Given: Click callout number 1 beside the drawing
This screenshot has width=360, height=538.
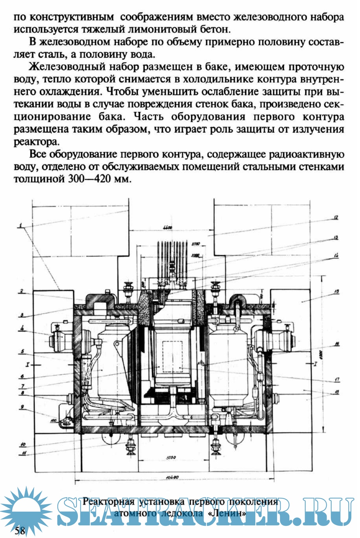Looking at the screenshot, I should click(x=21, y=226).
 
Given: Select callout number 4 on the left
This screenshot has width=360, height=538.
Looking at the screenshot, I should click(x=22, y=328).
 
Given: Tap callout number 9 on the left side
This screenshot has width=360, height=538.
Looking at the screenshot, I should click(x=22, y=406).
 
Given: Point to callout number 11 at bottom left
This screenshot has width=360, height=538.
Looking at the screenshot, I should click(x=24, y=453).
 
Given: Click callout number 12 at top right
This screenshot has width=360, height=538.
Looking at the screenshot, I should click(x=335, y=217).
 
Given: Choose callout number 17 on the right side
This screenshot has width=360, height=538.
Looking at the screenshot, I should click(x=337, y=379).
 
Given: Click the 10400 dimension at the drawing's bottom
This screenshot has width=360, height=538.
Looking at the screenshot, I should click(x=172, y=477).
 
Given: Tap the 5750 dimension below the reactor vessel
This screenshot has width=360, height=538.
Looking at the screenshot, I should click(x=171, y=458).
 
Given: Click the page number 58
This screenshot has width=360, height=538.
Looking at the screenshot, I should click(x=20, y=530).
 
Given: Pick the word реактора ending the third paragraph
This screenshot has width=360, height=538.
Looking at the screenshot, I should click(x=36, y=142).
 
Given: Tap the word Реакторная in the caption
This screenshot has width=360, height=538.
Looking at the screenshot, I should click(x=108, y=501).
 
